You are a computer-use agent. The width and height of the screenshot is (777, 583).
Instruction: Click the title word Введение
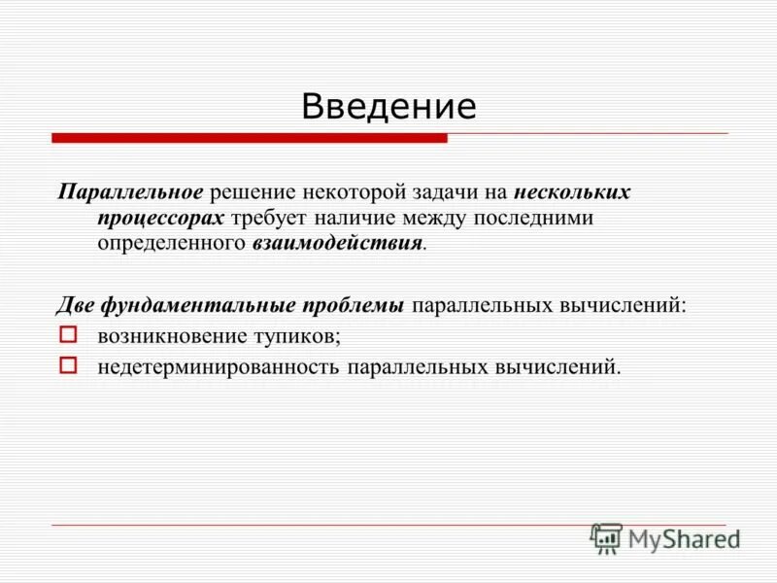(x=388, y=106)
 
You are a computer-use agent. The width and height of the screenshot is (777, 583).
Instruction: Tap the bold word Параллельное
(x=129, y=191)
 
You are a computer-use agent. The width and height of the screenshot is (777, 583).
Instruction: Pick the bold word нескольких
(x=572, y=191)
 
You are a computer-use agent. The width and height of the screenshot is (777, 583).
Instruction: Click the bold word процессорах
(x=161, y=218)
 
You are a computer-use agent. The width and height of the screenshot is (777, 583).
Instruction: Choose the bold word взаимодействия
(x=337, y=243)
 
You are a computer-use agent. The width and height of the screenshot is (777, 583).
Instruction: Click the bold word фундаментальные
(x=200, y=306)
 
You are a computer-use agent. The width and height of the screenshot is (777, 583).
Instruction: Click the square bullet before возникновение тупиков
(x=67, y=335)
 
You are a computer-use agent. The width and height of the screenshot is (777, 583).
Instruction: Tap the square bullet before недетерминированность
(x=67, y=365)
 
